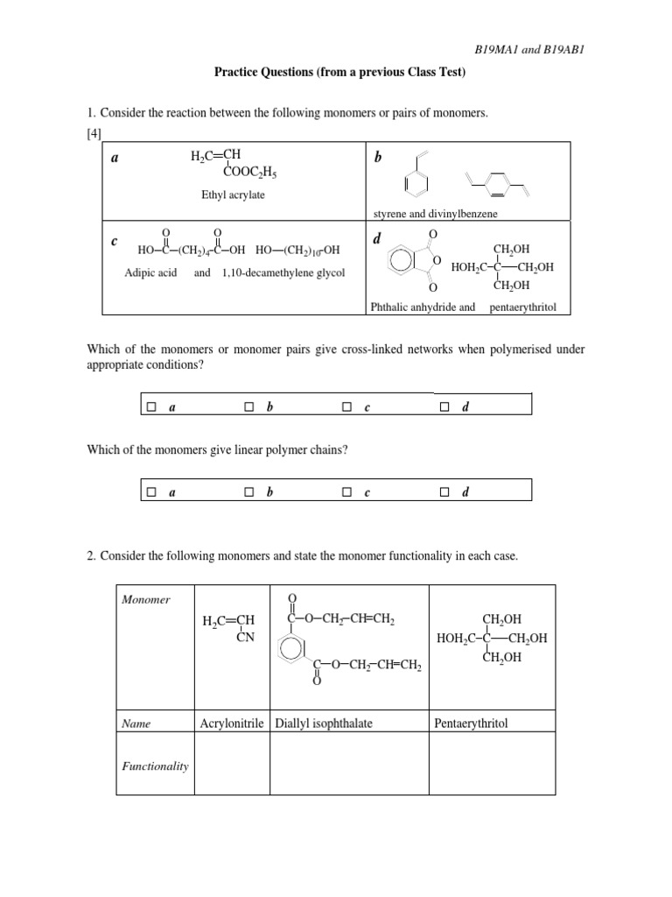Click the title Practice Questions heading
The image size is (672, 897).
[x=340, y=73]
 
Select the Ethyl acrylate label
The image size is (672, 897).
[x=233, y=194]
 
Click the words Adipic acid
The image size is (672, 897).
[x=150, y=272]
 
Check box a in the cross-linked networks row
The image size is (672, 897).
[x=151, y=406]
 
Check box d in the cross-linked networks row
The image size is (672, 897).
[x=445, y=406]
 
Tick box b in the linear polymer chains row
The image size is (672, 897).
[x=249, y=492]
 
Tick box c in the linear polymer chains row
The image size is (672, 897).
[x=347, y=492]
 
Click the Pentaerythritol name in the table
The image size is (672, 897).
[x=471, y=724]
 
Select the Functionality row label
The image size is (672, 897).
[x=155, y=766]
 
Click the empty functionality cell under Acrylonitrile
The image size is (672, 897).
[x=233, y=764]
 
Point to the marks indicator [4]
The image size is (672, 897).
[x=95, y=132]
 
